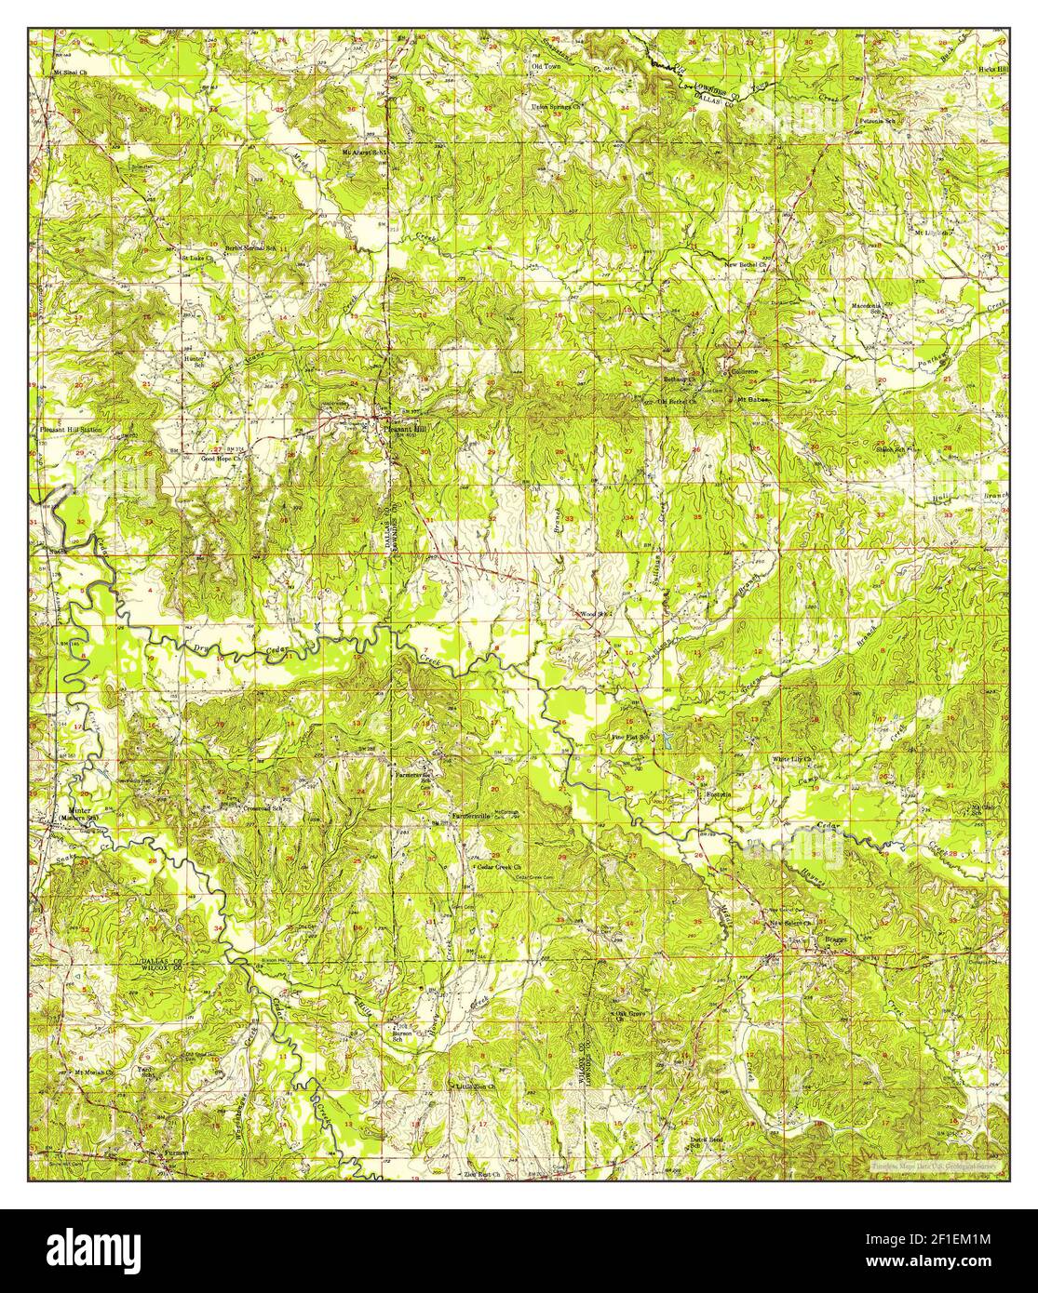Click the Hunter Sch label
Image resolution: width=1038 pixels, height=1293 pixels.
(195, 360)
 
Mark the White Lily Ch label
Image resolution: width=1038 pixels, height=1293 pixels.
(793, 759)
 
